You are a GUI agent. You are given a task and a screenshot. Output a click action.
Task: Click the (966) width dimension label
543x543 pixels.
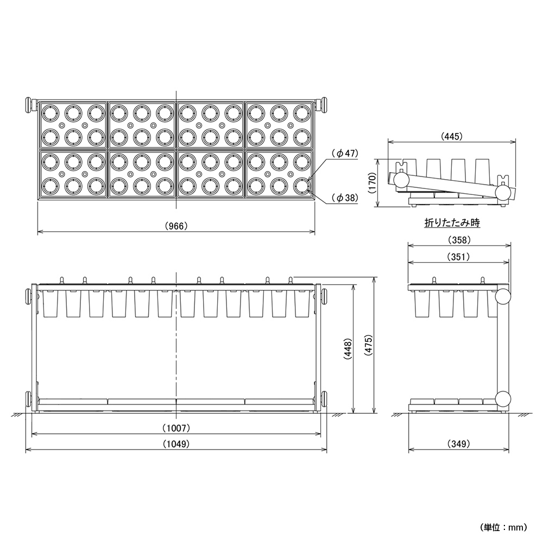(x=176, y=226)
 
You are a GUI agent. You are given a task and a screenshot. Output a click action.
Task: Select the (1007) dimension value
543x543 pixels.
(x=176, y=428)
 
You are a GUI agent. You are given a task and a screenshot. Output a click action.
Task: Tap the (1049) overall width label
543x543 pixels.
(x=176, y=444)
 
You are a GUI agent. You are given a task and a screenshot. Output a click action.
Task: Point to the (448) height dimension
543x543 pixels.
(x=348, y=349)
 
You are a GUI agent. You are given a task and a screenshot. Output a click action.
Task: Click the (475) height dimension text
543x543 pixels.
(x=368, y=345)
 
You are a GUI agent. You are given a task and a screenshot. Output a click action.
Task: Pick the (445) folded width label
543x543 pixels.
(x=452, y=136)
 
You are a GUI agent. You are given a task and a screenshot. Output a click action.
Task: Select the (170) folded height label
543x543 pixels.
(x=372, y=183)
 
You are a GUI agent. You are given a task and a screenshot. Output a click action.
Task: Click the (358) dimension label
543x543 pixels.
(x=459, y=239)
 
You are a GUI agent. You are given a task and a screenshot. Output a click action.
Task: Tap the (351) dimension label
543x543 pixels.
(x=458, y=257)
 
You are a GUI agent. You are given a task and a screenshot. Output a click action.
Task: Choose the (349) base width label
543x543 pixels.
(x=458, y=444)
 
